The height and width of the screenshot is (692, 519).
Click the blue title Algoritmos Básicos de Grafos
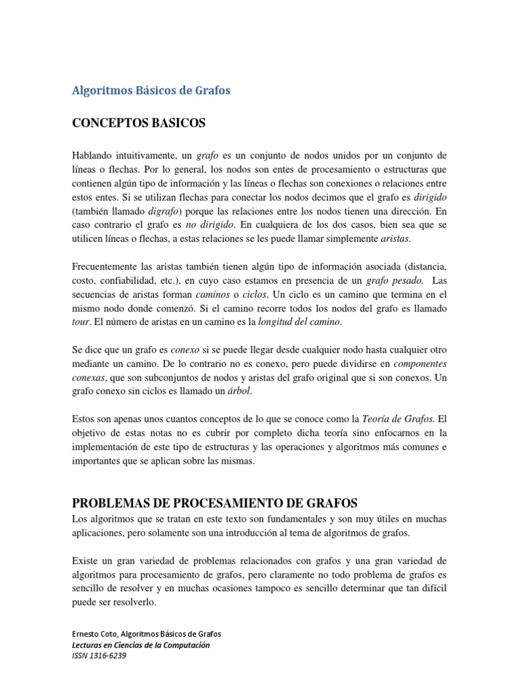pos(151,91)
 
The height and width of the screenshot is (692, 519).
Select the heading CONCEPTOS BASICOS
pos(139,124)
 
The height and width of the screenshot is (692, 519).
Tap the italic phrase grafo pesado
pos(395,280)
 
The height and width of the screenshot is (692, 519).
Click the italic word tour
pos(80,323)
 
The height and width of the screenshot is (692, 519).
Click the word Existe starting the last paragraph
pos(85,560)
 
